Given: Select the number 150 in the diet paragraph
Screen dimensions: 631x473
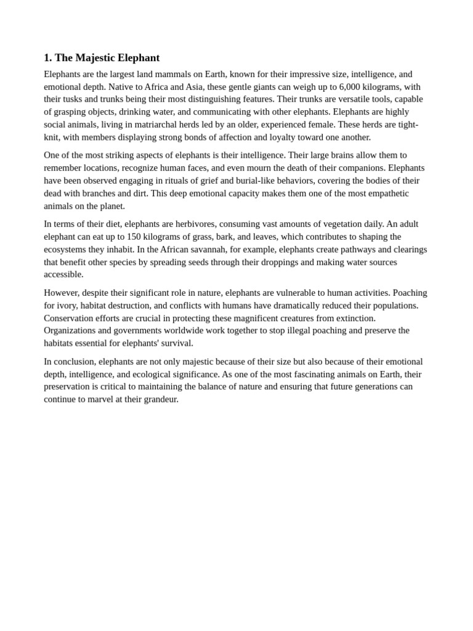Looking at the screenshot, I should (x=134, y=237).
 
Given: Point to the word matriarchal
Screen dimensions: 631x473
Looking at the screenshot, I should (x=163, y=124).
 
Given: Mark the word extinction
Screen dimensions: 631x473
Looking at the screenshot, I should (x=353, y=318).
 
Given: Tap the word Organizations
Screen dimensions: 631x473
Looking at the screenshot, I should (x=72, y=330).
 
